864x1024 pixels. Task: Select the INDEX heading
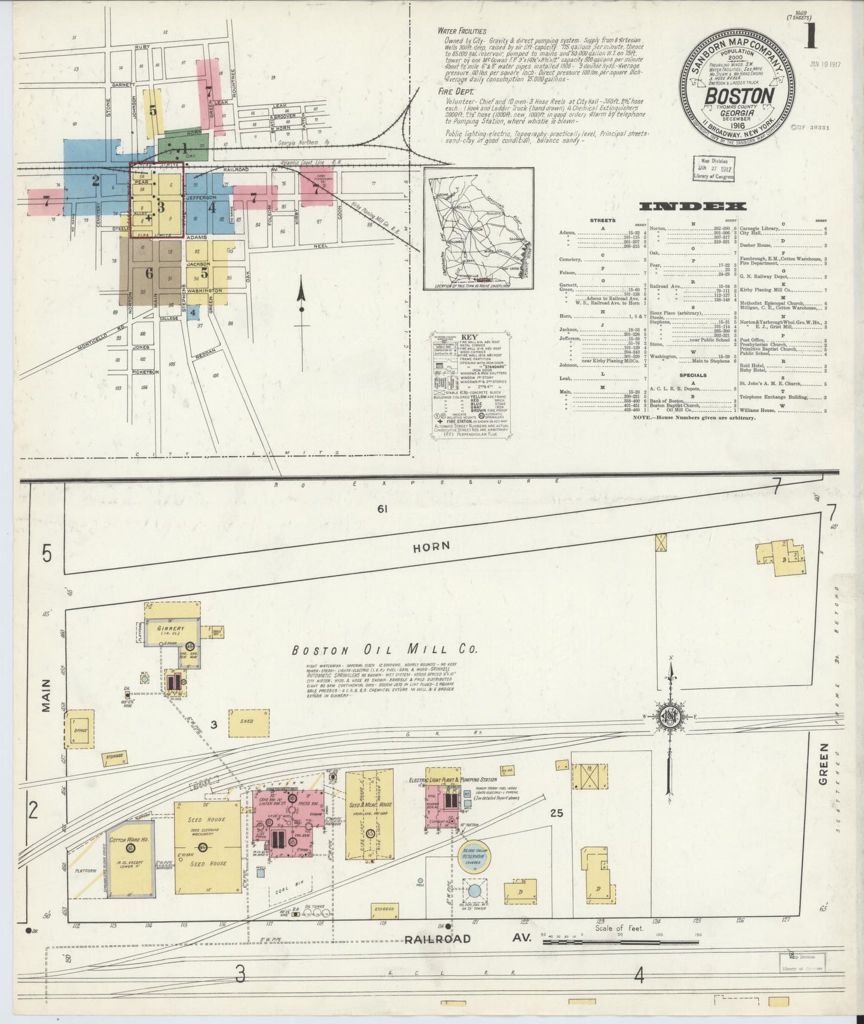click(x=692, y=207)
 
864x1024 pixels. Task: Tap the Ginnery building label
click(x=171, y=629)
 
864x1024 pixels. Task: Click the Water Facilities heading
click(x=462, y=30)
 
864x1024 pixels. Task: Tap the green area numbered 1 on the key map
click(x=185, y=146)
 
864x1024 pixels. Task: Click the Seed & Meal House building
click(x=370, y=813)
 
